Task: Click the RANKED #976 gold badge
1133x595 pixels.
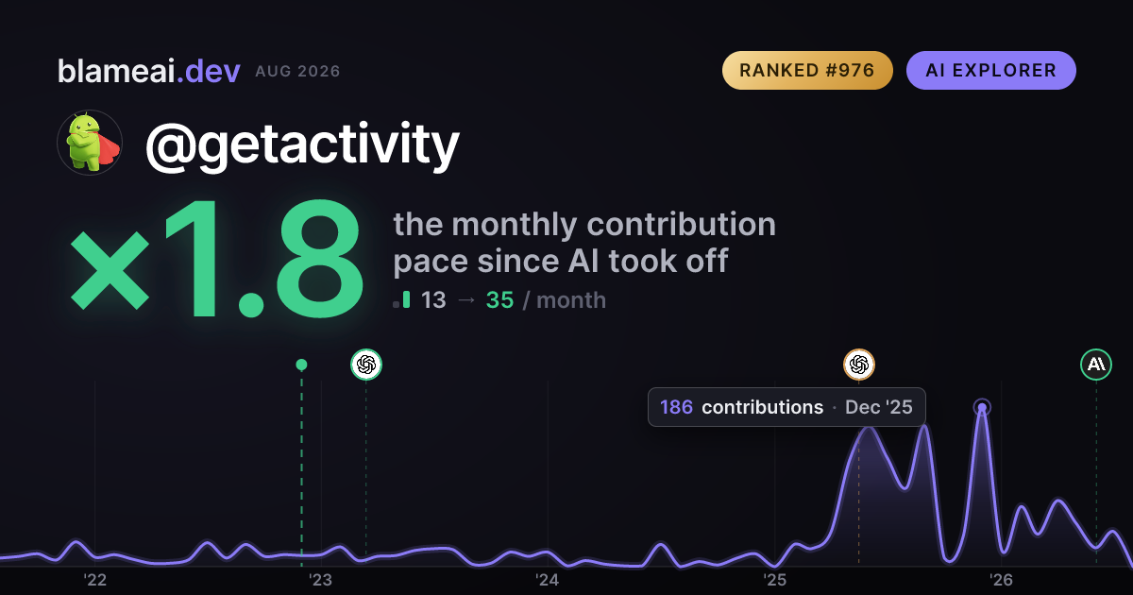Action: tap(807, 70)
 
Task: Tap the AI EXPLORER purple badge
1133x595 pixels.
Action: tap(990, 70)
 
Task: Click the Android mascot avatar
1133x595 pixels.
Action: tap(90, 143)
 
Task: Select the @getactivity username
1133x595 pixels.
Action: tap(302, 145)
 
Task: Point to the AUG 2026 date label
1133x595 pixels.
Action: tap(297, 72)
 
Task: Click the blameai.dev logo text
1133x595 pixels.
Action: tap(149, 71)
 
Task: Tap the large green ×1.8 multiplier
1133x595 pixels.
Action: tap(216, 258)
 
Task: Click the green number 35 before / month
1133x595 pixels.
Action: tap(499, 300)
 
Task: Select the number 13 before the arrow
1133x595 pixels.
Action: tap(433, 300)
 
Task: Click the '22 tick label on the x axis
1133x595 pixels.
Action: tap(94, 580)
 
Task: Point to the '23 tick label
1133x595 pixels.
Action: tap(321, 580)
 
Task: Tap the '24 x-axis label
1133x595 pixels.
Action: tap(548, 580)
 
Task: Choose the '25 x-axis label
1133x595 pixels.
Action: tap(774, 580)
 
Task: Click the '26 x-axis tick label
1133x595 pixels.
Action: tap(1001, 580)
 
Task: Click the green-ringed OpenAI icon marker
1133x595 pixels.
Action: tap(366, 365)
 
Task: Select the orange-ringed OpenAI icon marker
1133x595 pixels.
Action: tap(859, 365)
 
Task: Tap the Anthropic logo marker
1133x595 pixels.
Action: tap(1096, 365)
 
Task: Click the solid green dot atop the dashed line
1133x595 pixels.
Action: tap(301, 365)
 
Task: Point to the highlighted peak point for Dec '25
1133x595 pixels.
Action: tap(982, 407)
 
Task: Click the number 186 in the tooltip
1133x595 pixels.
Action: tap(676, 407)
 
